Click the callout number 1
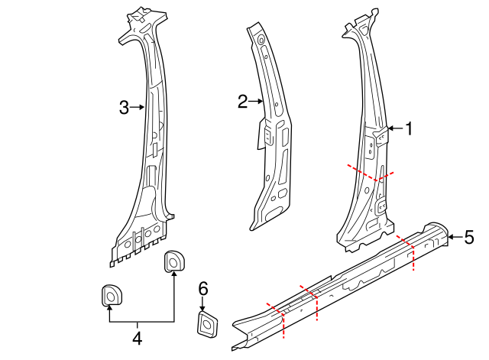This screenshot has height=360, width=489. (x=409, y=129)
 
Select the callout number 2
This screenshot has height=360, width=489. (x=243, y=101)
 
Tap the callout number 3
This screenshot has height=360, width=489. (x=125, y=108)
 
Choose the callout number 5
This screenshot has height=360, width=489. (x=469, y=237)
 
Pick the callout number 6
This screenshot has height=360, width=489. (x=202, y=288)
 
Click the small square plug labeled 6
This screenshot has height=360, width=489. (x=205, y=324)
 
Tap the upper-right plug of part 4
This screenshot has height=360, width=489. (x=175, y=261)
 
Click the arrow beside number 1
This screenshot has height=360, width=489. (x=394, y=128)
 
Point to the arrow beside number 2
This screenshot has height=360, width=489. (x=257, y=101)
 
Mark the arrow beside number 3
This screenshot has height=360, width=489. (x=139, y=108)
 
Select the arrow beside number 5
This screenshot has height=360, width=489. (x=454, y=237)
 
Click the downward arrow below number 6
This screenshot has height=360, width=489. (x=202, y=303)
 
